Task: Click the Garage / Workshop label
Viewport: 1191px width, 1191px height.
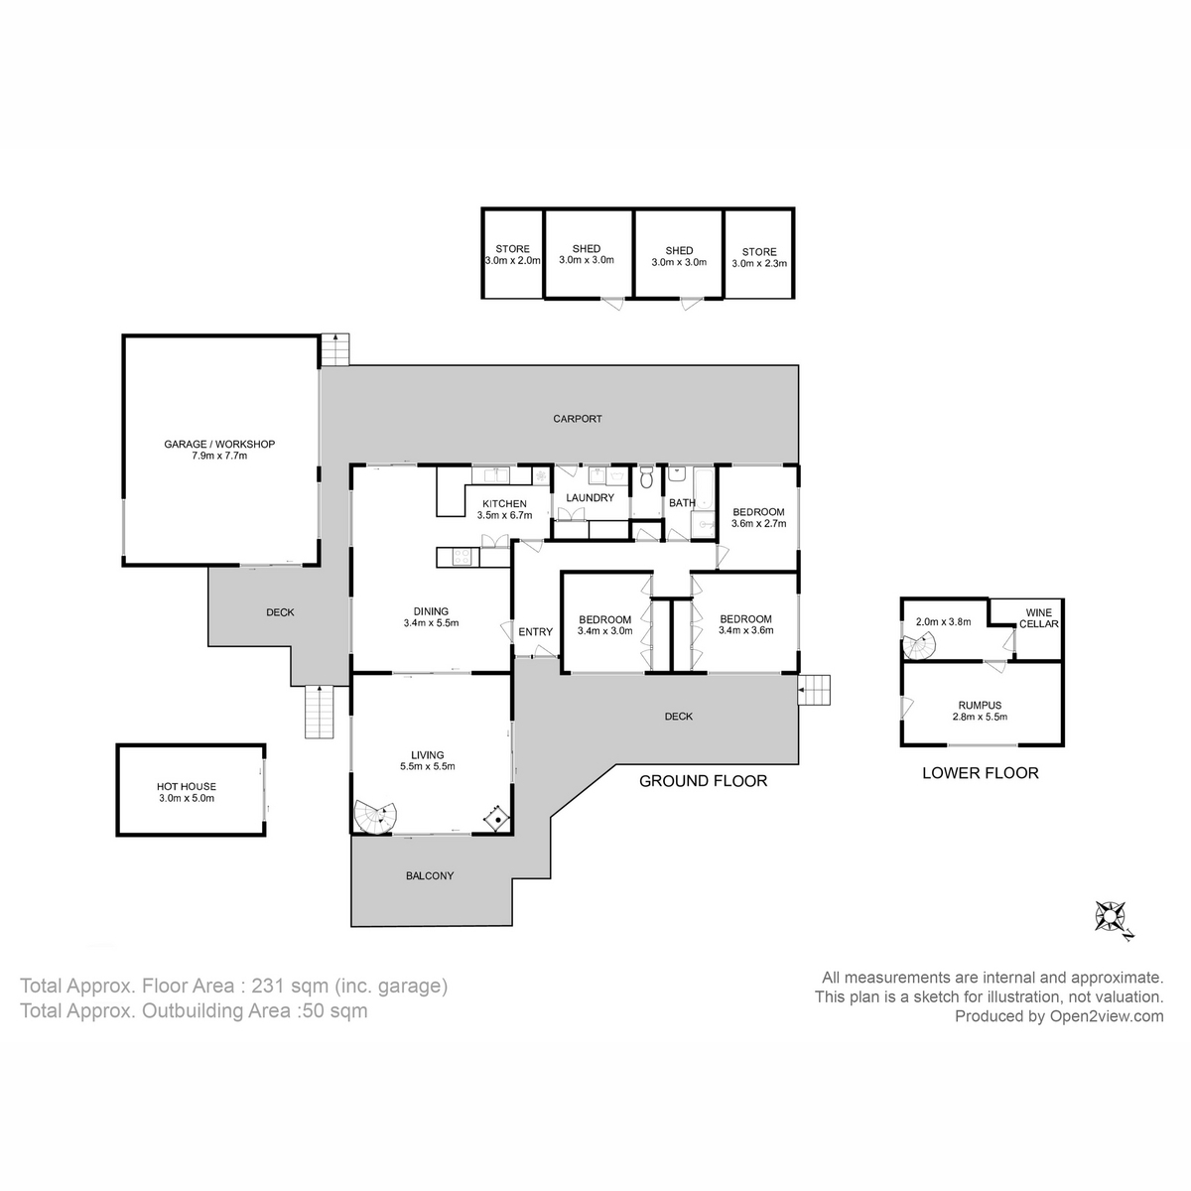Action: coord(219,445)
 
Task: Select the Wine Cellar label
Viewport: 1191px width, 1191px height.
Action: coord(1039,617)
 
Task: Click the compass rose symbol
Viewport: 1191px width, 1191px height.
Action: coord(1110,917)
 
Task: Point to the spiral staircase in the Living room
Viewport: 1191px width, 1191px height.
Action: coord(375,819)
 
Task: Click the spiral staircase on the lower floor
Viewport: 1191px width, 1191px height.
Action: coord(920,647)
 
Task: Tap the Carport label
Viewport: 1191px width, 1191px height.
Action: coord(578,419)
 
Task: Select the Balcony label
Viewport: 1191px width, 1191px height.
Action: coord(430,875)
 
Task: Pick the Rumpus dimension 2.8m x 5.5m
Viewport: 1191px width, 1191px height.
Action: coord(980,717)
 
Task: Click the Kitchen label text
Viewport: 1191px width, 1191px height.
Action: coord(504,504)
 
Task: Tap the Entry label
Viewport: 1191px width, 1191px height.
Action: coord(535,632)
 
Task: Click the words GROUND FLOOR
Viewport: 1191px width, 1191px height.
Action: coord(703,781)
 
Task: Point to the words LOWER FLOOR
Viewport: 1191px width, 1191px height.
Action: coord(981,773)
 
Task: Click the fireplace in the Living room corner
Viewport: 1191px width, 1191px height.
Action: coord(496,819)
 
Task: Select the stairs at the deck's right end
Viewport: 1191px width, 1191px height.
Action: coord(814,690)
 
